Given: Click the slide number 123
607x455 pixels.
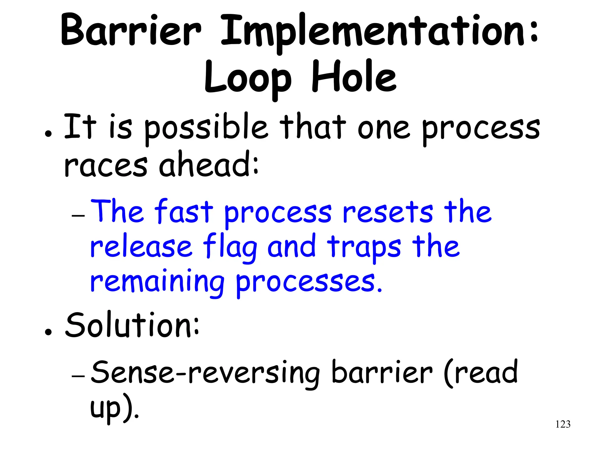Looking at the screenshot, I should click(563, 424).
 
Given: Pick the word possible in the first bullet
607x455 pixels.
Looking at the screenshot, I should click(206, 129).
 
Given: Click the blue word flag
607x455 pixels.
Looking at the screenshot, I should click(230, 248).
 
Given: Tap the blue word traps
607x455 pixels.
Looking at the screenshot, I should click(364, 248).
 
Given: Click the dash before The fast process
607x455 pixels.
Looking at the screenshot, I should click(78, 216).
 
